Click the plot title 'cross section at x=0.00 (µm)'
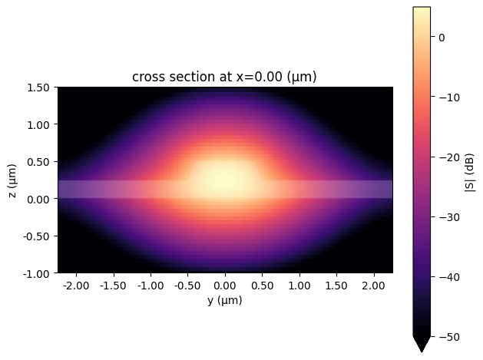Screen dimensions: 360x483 tap(225, 77)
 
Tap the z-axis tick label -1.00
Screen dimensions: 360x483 tap(38, 273)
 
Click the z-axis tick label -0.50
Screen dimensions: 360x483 tap(38, 236)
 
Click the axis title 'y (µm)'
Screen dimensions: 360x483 tap(225, 300)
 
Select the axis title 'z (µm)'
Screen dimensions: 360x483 tap(13, 180)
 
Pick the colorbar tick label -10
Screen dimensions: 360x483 tap(445, 97)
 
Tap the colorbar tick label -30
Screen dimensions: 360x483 tap(445, 216)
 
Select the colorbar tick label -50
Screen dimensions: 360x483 tap(445, 336)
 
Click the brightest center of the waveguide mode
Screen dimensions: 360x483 tap(225, 181)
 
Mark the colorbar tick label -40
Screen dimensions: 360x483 tap(445, 276)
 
